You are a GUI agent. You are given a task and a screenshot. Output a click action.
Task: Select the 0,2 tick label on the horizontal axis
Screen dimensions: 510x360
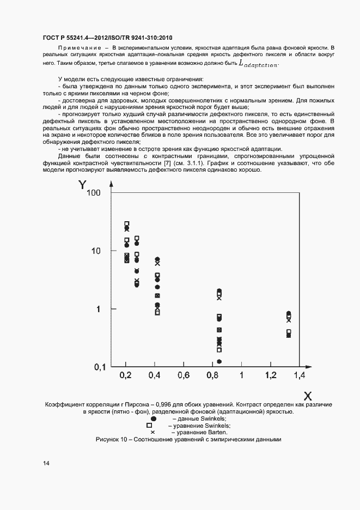125,375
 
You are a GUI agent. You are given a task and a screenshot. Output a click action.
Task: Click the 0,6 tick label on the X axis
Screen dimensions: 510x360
184,375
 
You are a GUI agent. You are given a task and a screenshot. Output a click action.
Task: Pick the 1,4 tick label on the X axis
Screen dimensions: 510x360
300,375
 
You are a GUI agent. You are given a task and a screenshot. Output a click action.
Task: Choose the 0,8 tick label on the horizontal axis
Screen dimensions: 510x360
213,375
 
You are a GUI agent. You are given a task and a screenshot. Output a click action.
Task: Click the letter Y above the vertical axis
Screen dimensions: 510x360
82,185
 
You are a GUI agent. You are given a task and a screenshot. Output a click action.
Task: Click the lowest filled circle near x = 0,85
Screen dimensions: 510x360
219,361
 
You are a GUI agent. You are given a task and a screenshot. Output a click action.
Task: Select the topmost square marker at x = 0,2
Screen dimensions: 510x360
127,223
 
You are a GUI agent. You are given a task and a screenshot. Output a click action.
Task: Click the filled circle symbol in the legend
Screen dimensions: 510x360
154,418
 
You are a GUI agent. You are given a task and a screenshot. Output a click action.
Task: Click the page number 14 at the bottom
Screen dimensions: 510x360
46,463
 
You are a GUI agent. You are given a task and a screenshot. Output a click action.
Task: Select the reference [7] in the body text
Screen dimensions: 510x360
161,163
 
